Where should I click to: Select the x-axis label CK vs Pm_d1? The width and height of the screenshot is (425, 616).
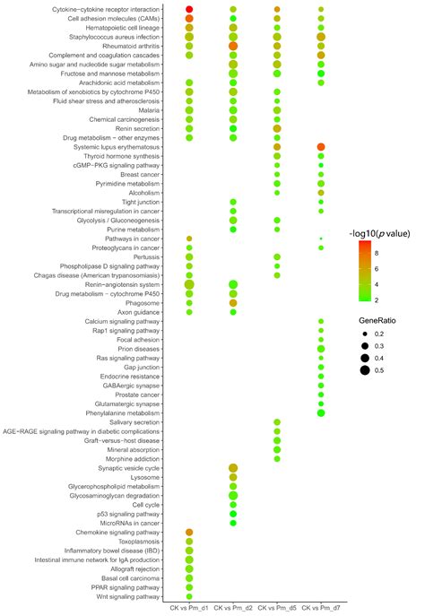click(189, 608)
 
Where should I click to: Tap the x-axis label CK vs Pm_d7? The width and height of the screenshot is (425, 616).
click(321, 608)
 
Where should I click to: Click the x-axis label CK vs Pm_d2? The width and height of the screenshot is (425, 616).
click(233, 608)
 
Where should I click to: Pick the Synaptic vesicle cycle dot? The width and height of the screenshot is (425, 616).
click(233, 468)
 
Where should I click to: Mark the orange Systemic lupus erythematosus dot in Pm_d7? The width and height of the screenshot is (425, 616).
click(321, 146)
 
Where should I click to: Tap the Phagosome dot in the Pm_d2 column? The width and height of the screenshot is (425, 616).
click(233, 303)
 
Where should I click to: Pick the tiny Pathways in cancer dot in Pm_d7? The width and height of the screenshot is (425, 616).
click(321, 239)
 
